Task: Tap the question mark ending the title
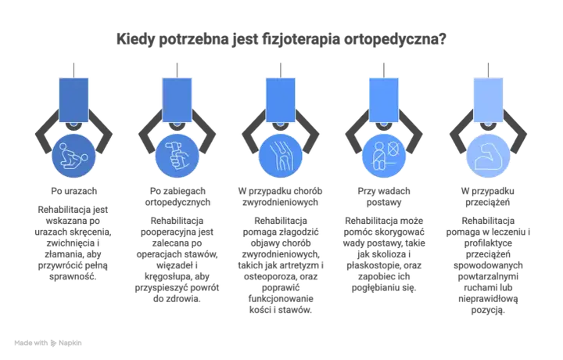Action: click(x=443, y=38)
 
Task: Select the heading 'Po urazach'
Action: click(x=74, y=191)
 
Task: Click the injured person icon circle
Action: click(x=74, y=156)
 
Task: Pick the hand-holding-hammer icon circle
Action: click(x=177, y=156)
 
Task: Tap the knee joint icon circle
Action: click(x=281, y=156)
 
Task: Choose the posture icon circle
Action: click(x=384, y=156)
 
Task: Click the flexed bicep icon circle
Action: click(x=488, y=156)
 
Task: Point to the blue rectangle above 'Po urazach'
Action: click(x=74, y=100)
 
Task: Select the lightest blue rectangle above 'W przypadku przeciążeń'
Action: click(x=488, y=100)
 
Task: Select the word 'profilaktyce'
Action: click(x=488, y=243)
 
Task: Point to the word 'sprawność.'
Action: click(x=73, y=277)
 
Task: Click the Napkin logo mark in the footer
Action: click(x=53, y=343)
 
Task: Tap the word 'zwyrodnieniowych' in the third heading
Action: click(x=281, y=202)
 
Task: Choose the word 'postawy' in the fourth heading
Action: click(x=384, y=203)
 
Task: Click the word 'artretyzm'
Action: click(x=299, y=265)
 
